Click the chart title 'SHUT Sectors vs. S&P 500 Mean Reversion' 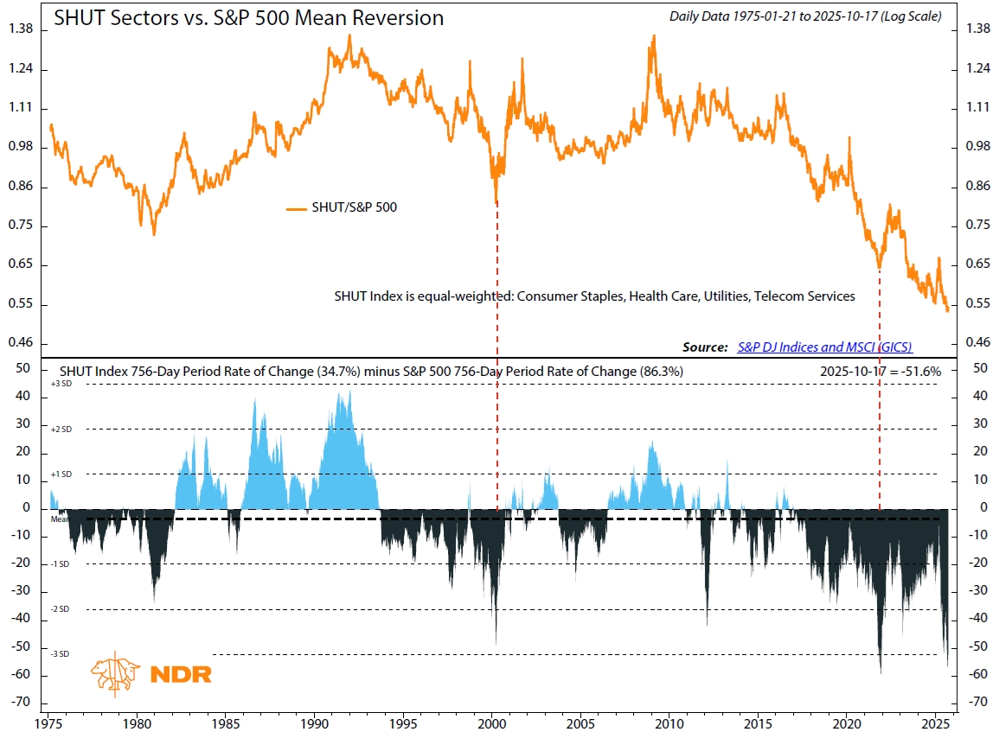(x=249, y=18)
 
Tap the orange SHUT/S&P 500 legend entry (x=342, y=207)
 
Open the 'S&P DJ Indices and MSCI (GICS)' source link (x=824, y=347)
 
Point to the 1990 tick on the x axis (x=315, y=722)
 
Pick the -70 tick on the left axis (x=22, y=702)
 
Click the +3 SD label (x=60, y=384)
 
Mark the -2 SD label (x=60, y=609)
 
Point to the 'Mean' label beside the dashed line (x=59, y=519)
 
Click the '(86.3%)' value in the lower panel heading (x=662, y=370)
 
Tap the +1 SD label (x=60, y=474)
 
